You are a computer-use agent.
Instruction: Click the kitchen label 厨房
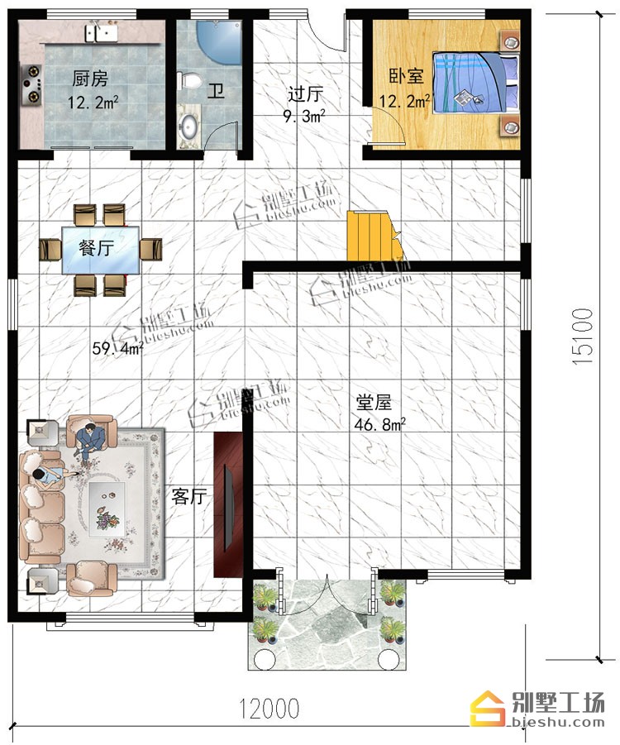[x=90, y=79]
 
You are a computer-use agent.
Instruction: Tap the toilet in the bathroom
[x=189, y=80]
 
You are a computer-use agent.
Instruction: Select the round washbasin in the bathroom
[x=189, y=127]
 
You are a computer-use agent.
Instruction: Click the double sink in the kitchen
[x=101, y=32]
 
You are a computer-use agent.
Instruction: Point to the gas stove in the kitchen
[x=32, y=85]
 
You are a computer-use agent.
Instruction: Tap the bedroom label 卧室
[x=406, y=76]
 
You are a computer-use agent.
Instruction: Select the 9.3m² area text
[x=304, y=116]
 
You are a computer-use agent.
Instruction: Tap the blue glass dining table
[x=101, y=251]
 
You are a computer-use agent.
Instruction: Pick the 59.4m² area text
[x=117, y=350]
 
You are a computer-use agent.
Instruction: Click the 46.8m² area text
[x=379, y=424]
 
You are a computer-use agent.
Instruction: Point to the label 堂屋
[x=374, y=403]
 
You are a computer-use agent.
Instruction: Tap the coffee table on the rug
[x=107, y=509]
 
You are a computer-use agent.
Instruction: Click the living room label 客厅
[x=189, y=497]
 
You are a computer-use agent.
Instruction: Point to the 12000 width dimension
[x=269, y=709]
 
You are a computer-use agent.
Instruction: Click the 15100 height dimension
[x=583, y=337]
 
